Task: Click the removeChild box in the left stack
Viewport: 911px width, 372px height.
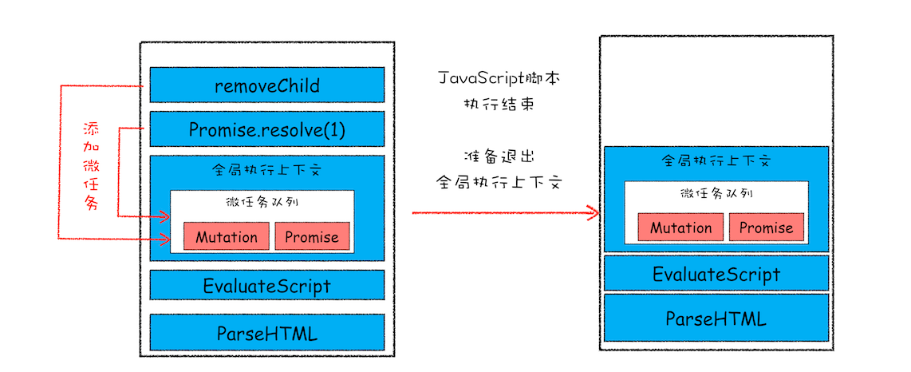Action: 267,85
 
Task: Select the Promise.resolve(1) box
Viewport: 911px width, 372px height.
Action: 267,129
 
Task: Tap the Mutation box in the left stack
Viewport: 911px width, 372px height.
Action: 227,237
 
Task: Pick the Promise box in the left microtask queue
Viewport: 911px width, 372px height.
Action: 312,237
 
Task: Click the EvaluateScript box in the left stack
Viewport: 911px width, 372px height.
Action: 267,285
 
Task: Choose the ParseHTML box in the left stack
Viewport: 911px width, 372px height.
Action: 267,333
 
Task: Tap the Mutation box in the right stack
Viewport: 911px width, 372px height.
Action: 680,228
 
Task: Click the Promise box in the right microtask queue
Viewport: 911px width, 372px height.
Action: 766,228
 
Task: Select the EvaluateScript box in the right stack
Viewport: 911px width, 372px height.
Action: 716,274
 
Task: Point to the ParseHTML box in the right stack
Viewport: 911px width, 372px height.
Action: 716,319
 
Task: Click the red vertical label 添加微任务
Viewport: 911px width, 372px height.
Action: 92,166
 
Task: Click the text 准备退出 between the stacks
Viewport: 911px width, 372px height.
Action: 499,156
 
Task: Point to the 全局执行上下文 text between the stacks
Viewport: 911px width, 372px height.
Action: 499,181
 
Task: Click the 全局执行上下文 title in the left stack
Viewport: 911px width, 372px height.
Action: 267,170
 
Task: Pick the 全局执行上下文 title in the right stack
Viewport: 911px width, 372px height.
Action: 716,160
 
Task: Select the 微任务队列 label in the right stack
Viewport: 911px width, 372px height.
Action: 716,193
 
